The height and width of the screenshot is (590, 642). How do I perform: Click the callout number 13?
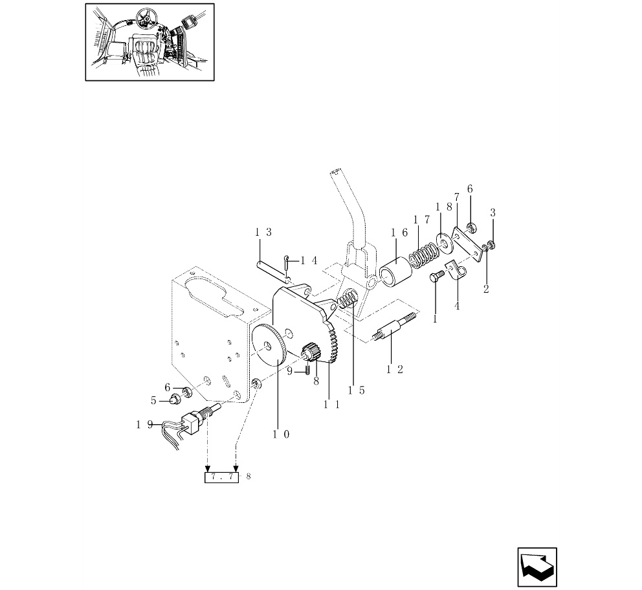(263, 233)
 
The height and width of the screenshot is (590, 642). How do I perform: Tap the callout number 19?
(144, 424)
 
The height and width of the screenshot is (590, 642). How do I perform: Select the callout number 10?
(281, 435)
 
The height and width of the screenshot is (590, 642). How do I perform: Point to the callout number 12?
(395, 369)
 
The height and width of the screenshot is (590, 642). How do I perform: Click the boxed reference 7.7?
(221, 477)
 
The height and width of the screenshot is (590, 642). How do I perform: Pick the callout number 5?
(153, 400)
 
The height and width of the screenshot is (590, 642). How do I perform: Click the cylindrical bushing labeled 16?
(395, 272)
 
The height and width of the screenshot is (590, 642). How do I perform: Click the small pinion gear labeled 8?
(311, 354)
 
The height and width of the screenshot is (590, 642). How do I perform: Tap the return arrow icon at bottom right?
(537, 567)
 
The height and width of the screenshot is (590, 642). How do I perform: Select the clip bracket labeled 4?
(456, 271)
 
